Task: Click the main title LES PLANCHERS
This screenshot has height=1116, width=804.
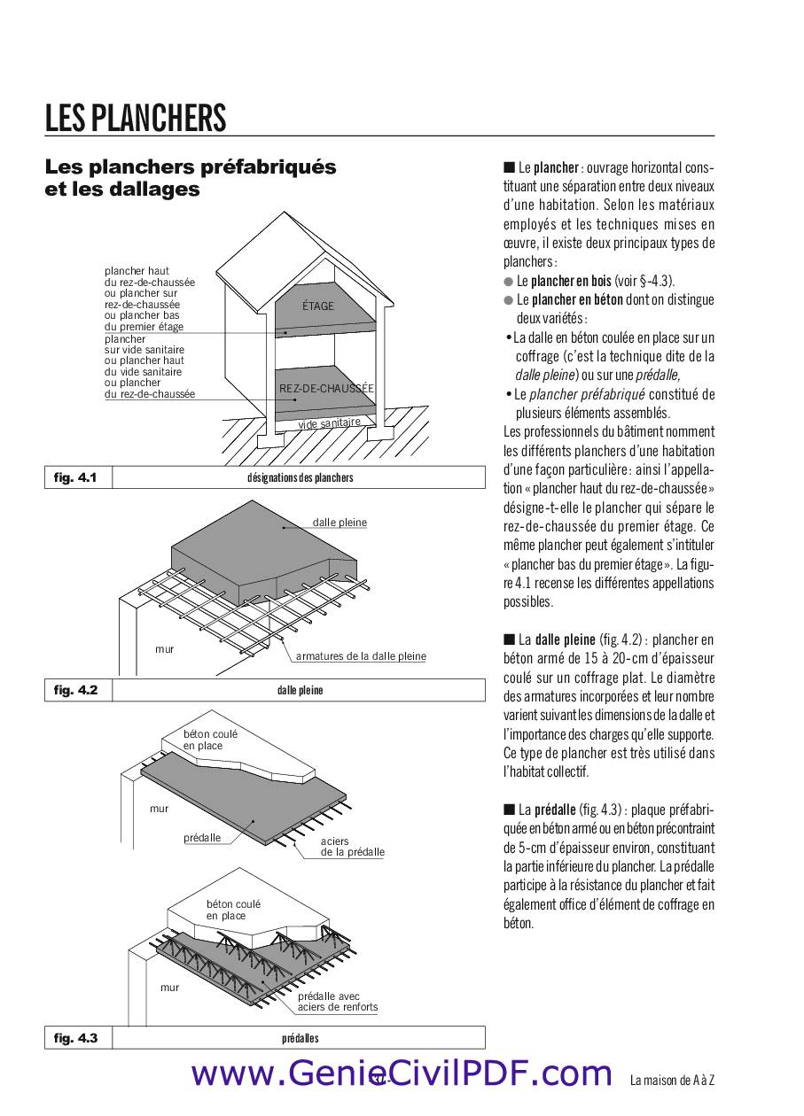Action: coord(136,118)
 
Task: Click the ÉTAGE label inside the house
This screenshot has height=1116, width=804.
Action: coord(318,306)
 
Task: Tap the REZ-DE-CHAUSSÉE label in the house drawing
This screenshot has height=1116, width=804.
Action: coord(326,389)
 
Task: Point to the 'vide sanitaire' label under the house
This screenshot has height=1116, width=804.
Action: coord(329,423)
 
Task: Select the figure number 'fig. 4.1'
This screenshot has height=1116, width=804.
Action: coord(75,477)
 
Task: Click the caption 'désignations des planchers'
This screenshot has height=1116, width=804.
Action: coord(300,478)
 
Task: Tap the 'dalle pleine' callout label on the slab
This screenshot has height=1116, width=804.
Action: coord(340,523)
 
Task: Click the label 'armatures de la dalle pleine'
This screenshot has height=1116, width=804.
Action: coord(361,656)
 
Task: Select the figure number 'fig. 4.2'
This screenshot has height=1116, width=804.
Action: coord(75,690)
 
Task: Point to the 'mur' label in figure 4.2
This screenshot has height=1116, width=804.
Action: coord(165,649)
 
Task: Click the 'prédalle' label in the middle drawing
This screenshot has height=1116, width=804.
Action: coord(202,838)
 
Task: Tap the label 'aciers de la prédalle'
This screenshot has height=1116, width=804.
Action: coord(352,847)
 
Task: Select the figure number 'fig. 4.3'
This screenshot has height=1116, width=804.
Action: coord(75,1038)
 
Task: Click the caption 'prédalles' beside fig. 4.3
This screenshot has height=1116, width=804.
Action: coord(300,1038)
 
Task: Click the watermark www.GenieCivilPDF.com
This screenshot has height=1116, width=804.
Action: coord(402,1073)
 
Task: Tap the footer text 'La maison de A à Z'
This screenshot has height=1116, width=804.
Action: coord(672,1081)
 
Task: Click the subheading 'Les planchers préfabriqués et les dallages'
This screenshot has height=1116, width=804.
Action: coord(191,178)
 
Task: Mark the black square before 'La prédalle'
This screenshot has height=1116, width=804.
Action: coord(509,809)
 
